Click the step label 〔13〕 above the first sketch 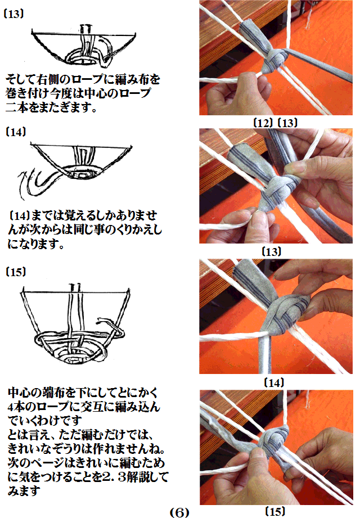click(x=14, y=14)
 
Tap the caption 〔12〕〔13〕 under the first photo click(x=276, y=123)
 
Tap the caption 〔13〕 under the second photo click(x=272, y=252)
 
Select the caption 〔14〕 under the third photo click(x=274, y=382)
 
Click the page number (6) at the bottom click(x=179, y=512)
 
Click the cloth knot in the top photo click(x=275, y=60)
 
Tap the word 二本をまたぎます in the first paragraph click(x=51, y=107)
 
